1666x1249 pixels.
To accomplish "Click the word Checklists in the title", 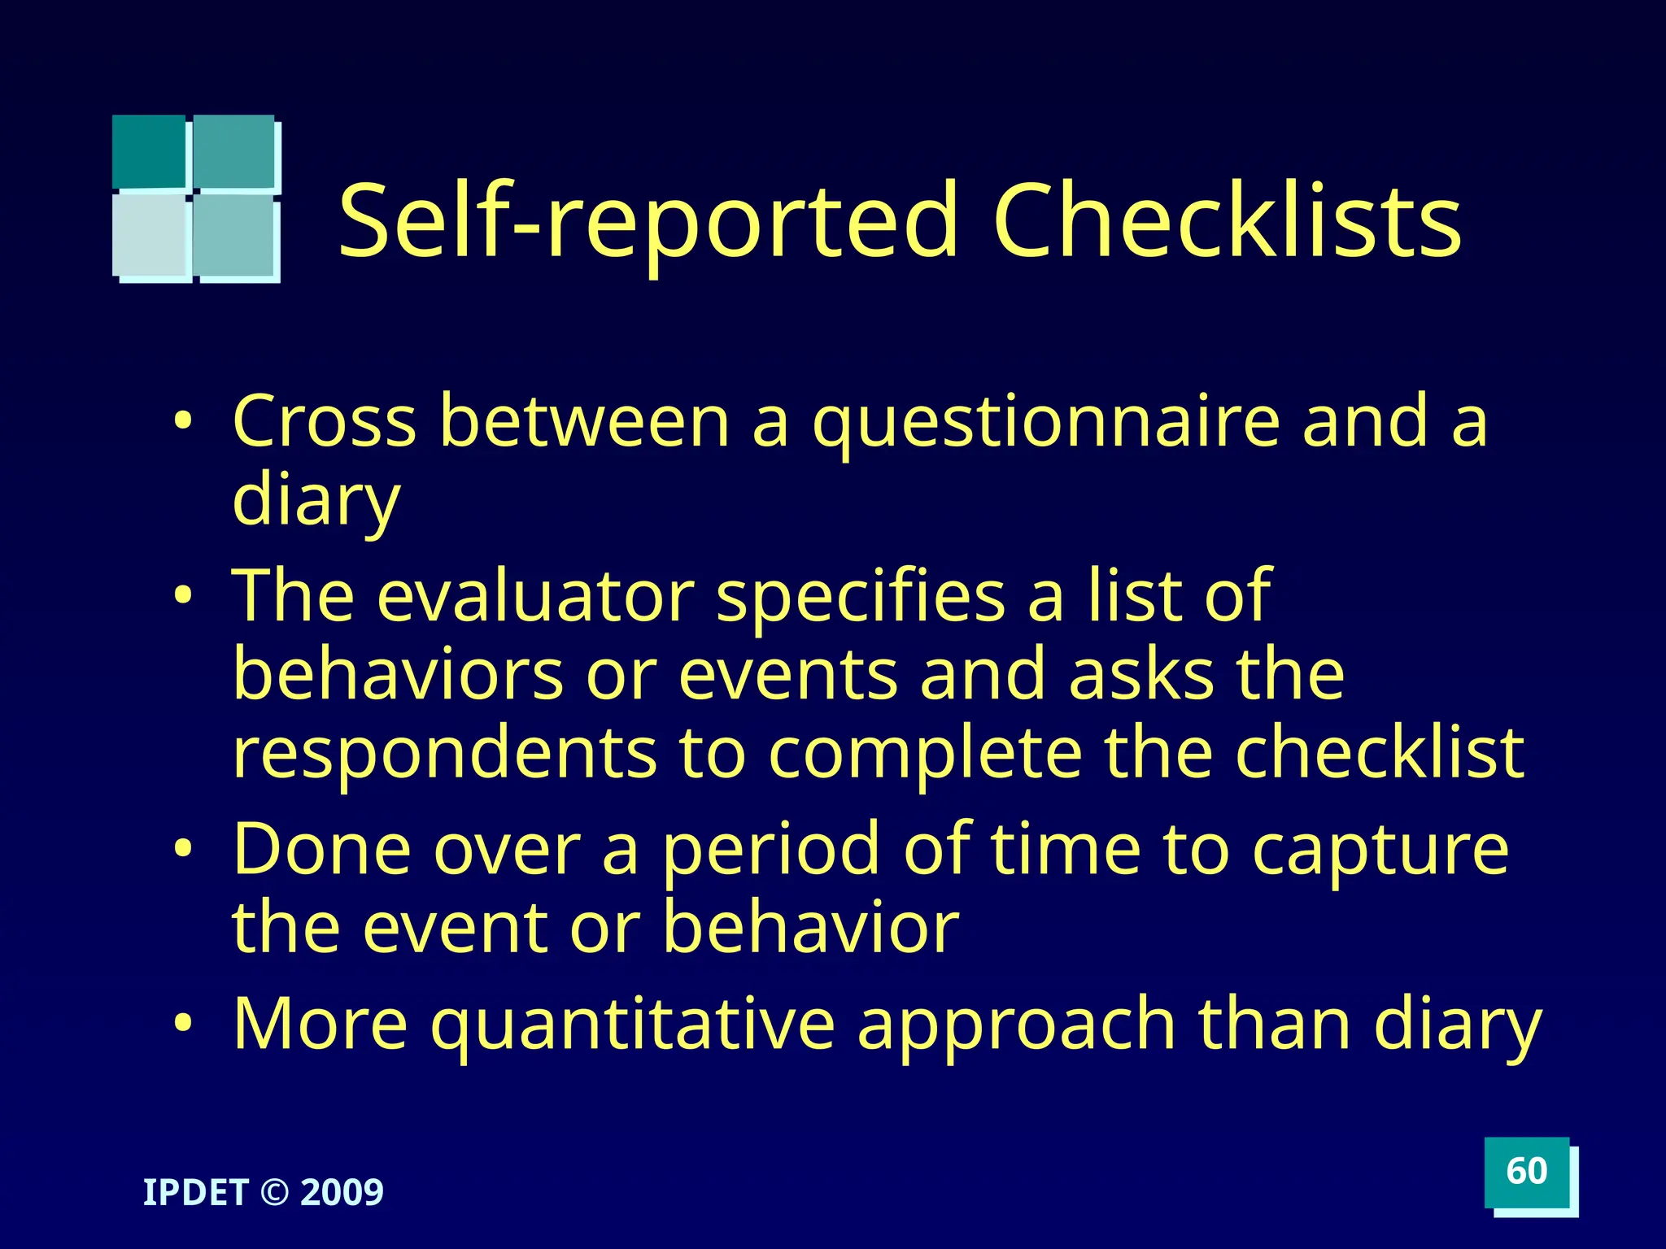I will (1227, 221).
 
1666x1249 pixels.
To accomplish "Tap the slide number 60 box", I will (1526, 1172).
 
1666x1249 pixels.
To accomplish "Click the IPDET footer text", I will (195, 1193).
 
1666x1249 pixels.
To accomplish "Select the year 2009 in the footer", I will (342, 1193).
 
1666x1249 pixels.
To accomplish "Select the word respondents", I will (444, 753).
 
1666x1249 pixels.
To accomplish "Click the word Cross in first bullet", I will (324, 421).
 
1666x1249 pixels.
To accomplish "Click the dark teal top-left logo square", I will (149, 150).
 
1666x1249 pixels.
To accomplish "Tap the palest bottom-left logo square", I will (150, 236).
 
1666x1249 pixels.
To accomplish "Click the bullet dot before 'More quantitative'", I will (184, 1023).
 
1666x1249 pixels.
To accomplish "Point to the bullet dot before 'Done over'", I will (184, 849).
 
